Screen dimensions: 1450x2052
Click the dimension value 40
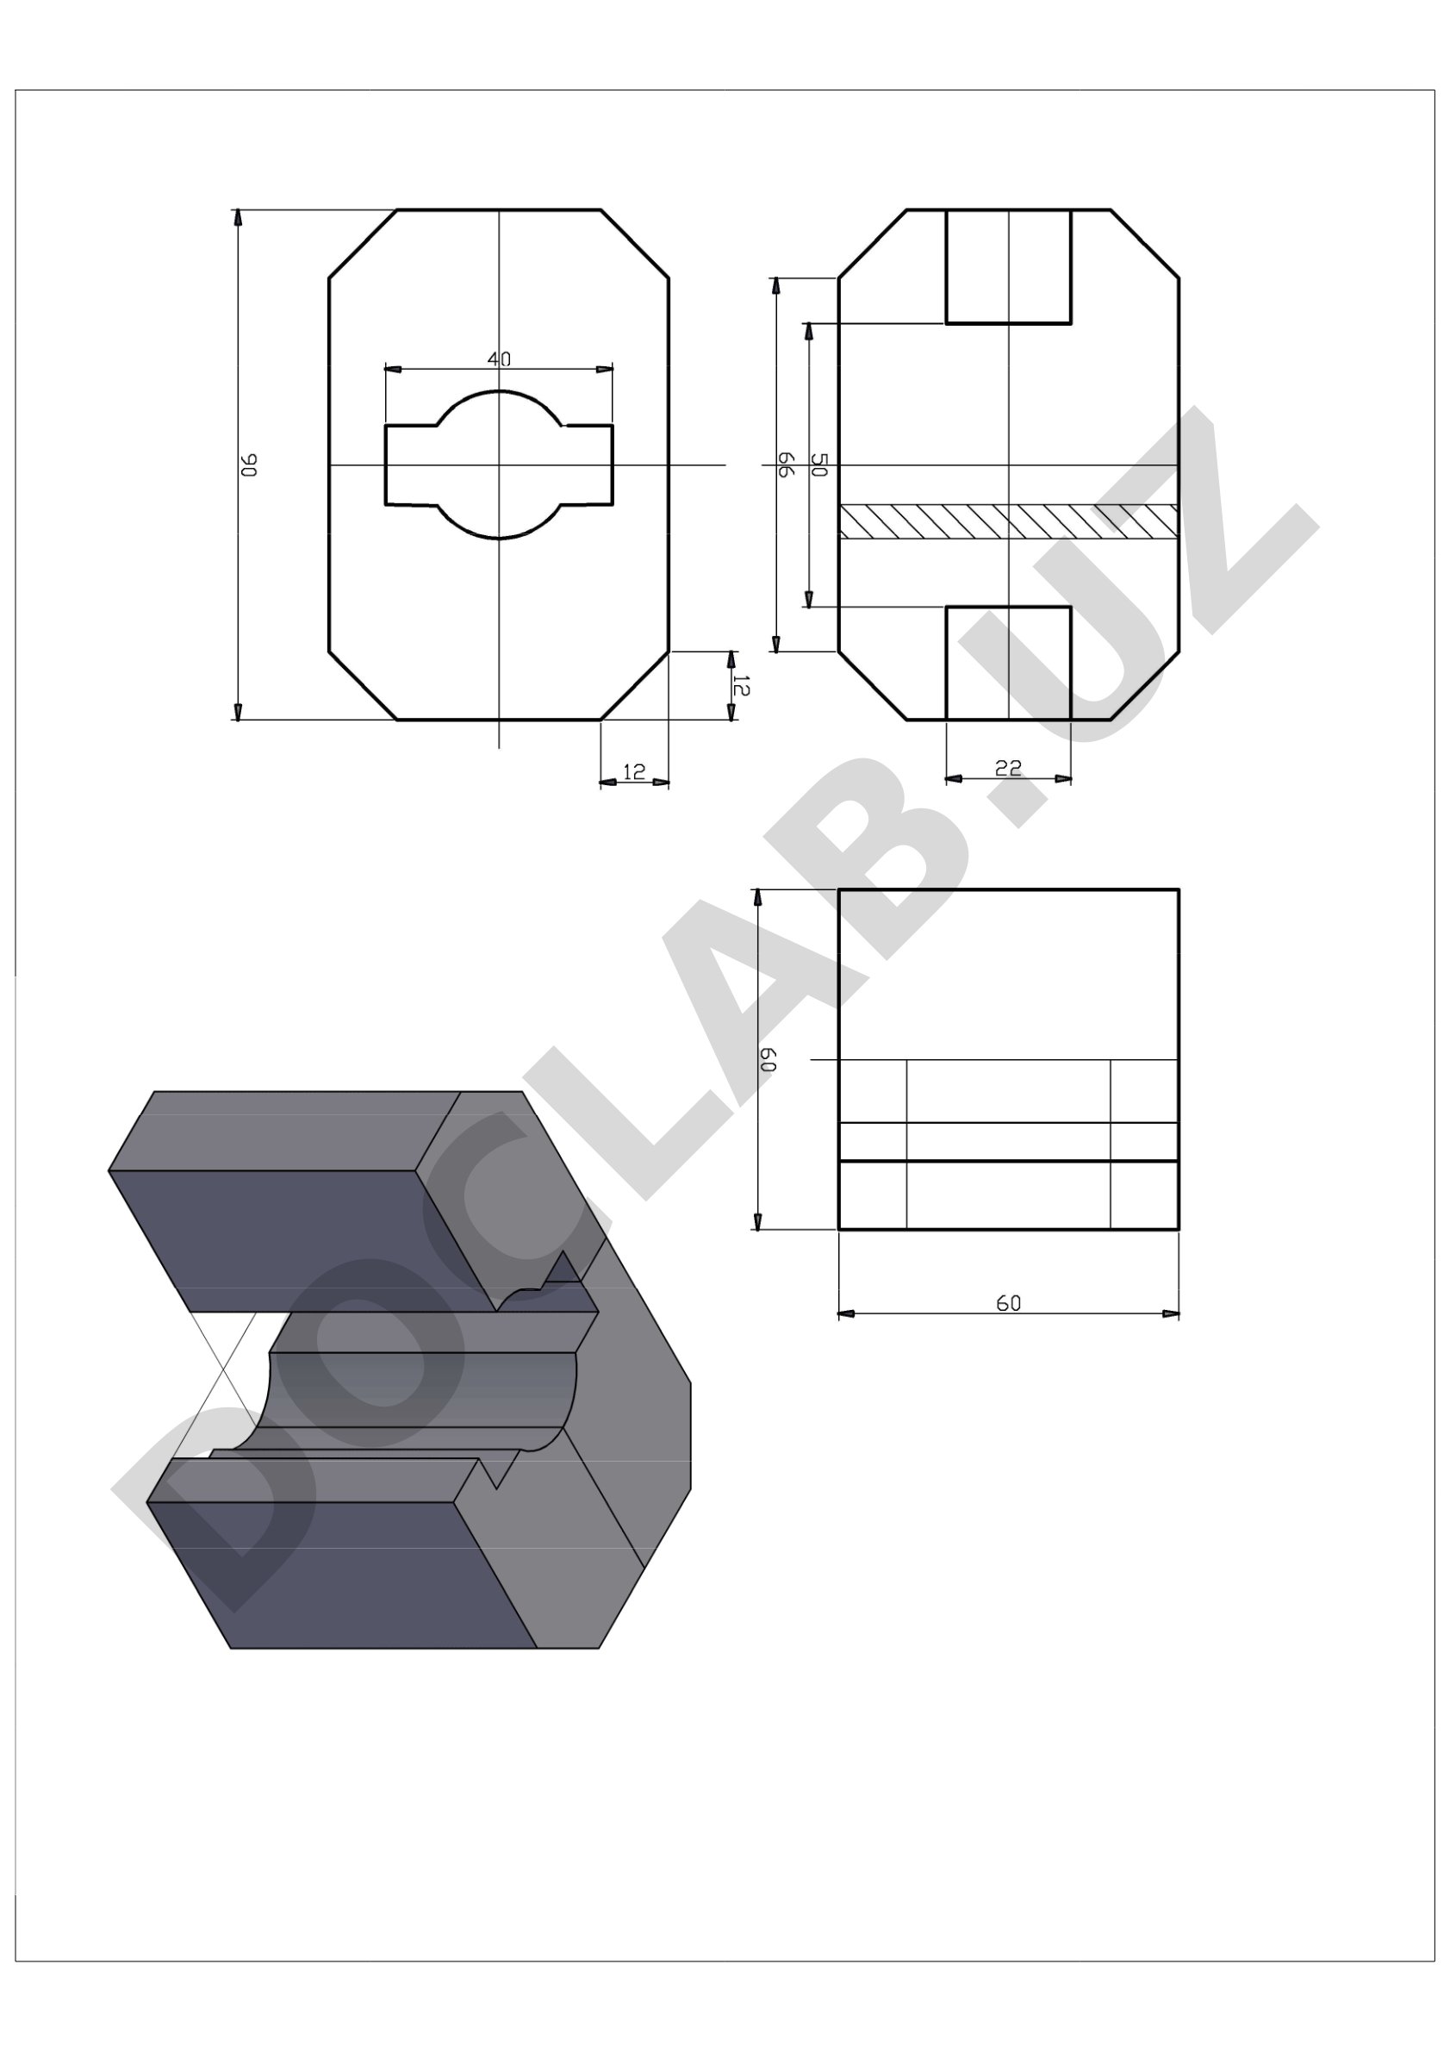point(499,359)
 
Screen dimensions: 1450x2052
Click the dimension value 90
point(249,465)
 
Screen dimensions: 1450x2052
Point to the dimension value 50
point(819,464)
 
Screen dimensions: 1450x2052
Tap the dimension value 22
point(1008,768)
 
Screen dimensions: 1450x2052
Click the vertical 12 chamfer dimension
point(741,684)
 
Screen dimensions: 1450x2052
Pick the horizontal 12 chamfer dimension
point(633,771)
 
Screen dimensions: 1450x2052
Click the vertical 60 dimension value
point(768,1060)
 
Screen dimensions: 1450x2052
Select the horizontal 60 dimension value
point(1008,1303)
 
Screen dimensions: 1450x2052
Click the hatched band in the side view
point(1008,522)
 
